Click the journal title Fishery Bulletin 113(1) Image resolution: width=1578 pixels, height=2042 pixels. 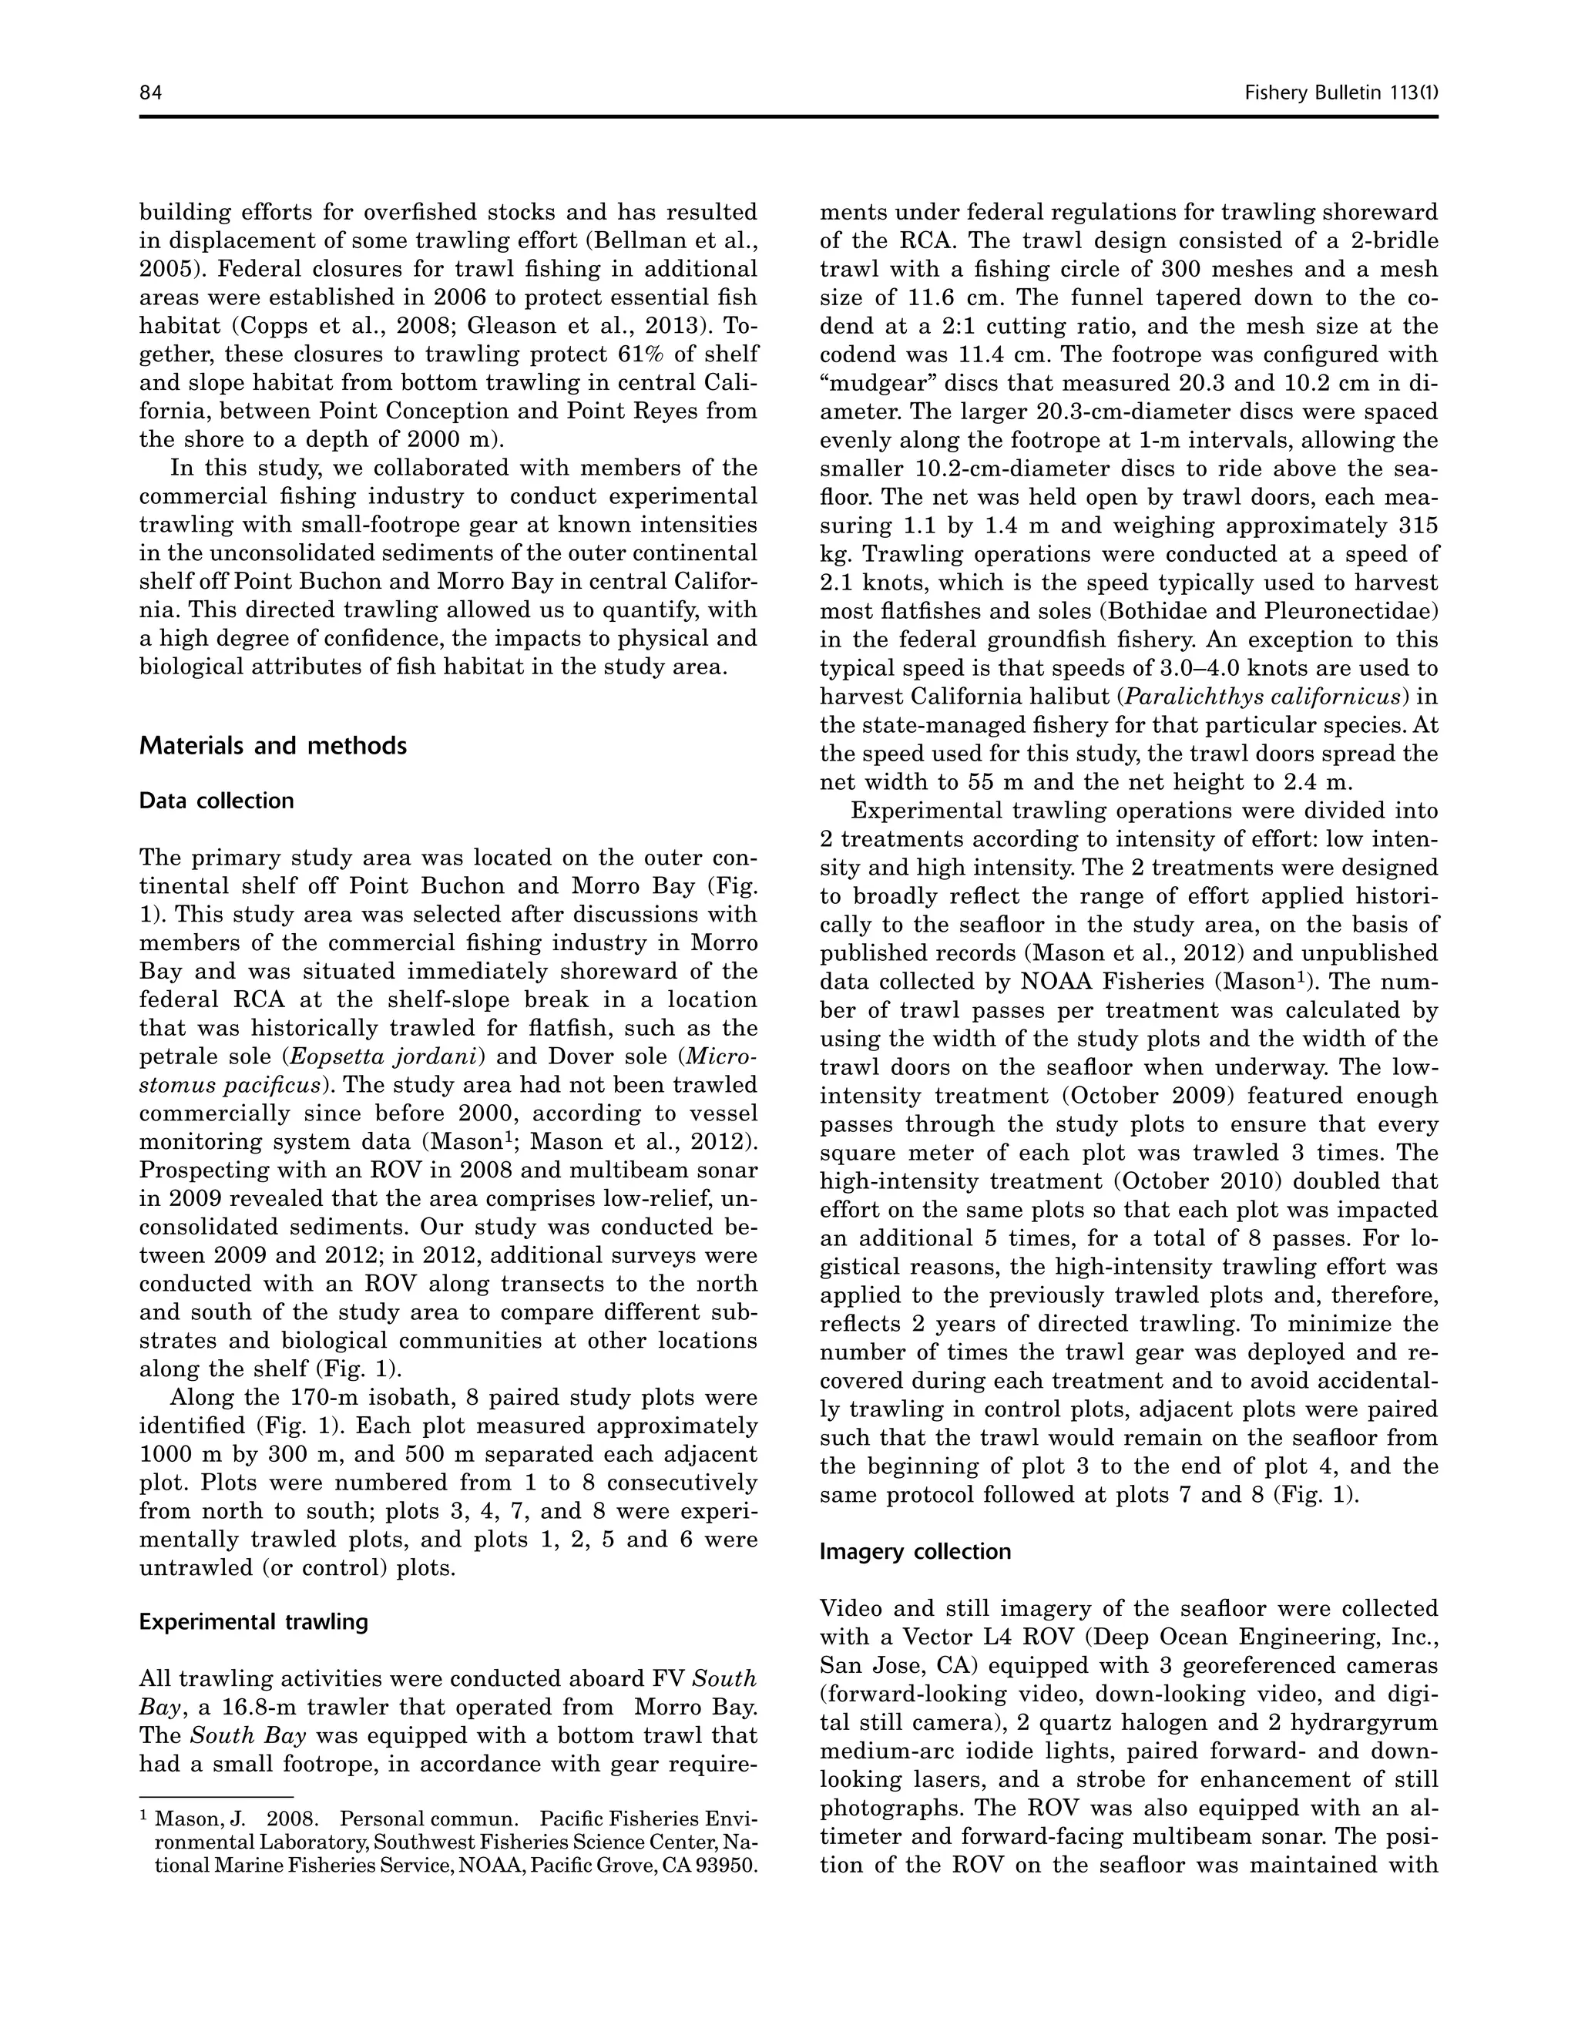tap(1341, 92)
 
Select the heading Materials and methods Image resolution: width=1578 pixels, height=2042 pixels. tap(273, 746)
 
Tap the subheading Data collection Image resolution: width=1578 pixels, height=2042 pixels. tap(216, 801)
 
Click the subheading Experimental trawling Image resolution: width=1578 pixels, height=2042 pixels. tap(253, 1622)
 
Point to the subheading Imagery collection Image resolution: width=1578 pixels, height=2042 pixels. tap(915, 1552)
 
